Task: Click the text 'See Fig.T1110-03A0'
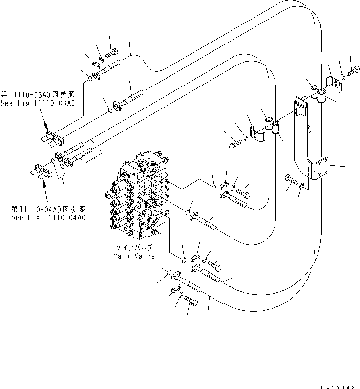(x=37, y=103)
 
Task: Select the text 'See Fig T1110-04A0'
(x=48, y=217)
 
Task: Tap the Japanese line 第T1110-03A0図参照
(x=37, y=95)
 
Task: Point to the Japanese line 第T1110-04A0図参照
(x=48, y=209)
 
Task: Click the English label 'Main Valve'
(x=134, y=256)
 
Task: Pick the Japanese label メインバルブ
(x=134, y=248)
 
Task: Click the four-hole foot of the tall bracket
(x=321, y=168)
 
